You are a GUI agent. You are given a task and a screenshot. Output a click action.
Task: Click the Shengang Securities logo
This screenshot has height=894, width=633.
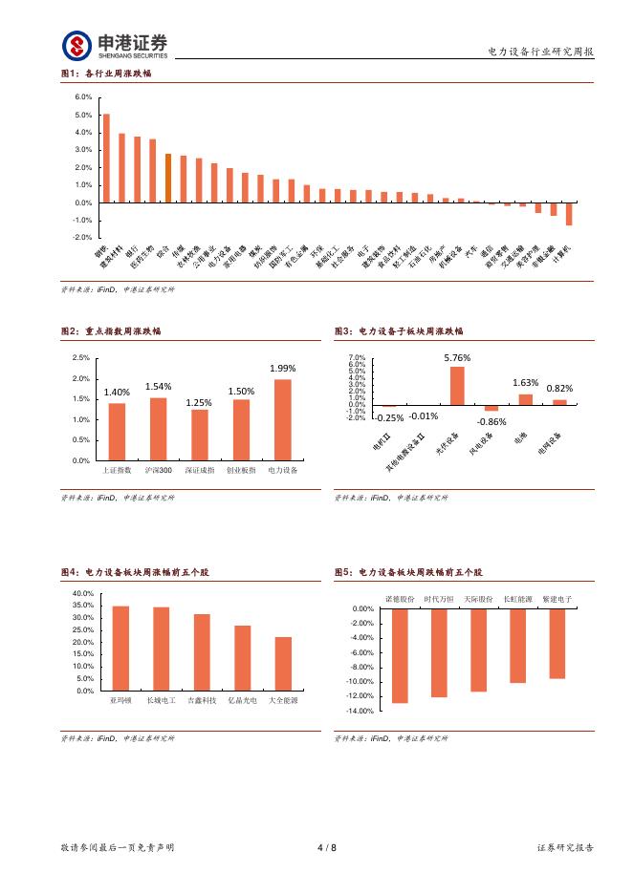coord(115,45)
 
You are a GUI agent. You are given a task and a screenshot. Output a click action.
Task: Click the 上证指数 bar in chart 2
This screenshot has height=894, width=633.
coord(117,432)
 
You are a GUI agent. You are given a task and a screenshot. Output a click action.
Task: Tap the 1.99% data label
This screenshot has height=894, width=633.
coord(283,368)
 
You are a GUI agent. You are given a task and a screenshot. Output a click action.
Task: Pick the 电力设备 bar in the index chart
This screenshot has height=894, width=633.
coord(283,420)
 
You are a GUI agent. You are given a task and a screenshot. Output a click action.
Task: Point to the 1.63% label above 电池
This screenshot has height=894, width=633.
coord(526,382)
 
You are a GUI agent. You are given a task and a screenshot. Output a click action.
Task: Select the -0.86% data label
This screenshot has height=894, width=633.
coord(491,421)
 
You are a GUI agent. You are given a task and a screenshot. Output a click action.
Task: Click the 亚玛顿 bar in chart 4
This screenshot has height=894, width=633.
coord(120,648)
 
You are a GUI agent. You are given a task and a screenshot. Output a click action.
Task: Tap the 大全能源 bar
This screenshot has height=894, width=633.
coord(283,663)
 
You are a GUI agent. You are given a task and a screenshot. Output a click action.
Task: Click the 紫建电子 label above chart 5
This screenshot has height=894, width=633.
coord(557,599)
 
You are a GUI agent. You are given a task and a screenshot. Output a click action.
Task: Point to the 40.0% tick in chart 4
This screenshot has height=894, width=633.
coord(81,594)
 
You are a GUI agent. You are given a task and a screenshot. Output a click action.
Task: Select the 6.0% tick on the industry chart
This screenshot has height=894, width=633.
coord(82,97)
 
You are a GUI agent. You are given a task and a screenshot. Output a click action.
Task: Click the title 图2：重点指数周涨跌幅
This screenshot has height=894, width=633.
coord(111,331)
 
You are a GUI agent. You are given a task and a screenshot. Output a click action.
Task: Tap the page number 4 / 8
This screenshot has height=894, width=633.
coord(326,847)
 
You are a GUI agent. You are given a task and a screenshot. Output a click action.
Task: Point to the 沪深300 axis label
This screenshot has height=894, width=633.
coord(159,471)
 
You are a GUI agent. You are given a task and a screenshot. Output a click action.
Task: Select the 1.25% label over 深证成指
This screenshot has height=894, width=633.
coord(199,402)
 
